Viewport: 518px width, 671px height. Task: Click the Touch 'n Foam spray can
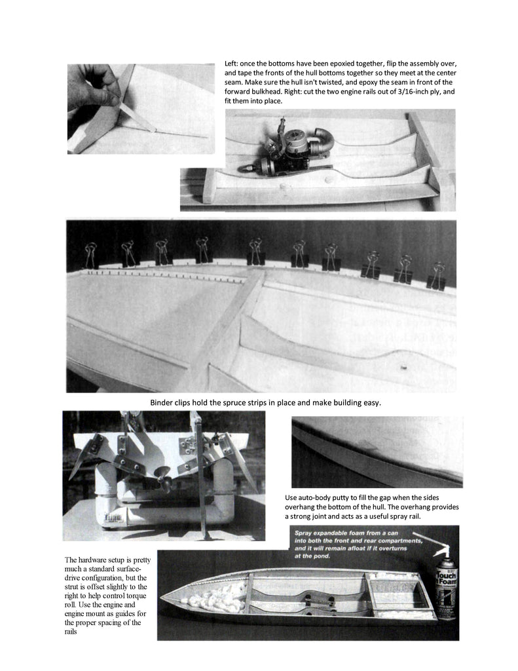click(x=447, y=587)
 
